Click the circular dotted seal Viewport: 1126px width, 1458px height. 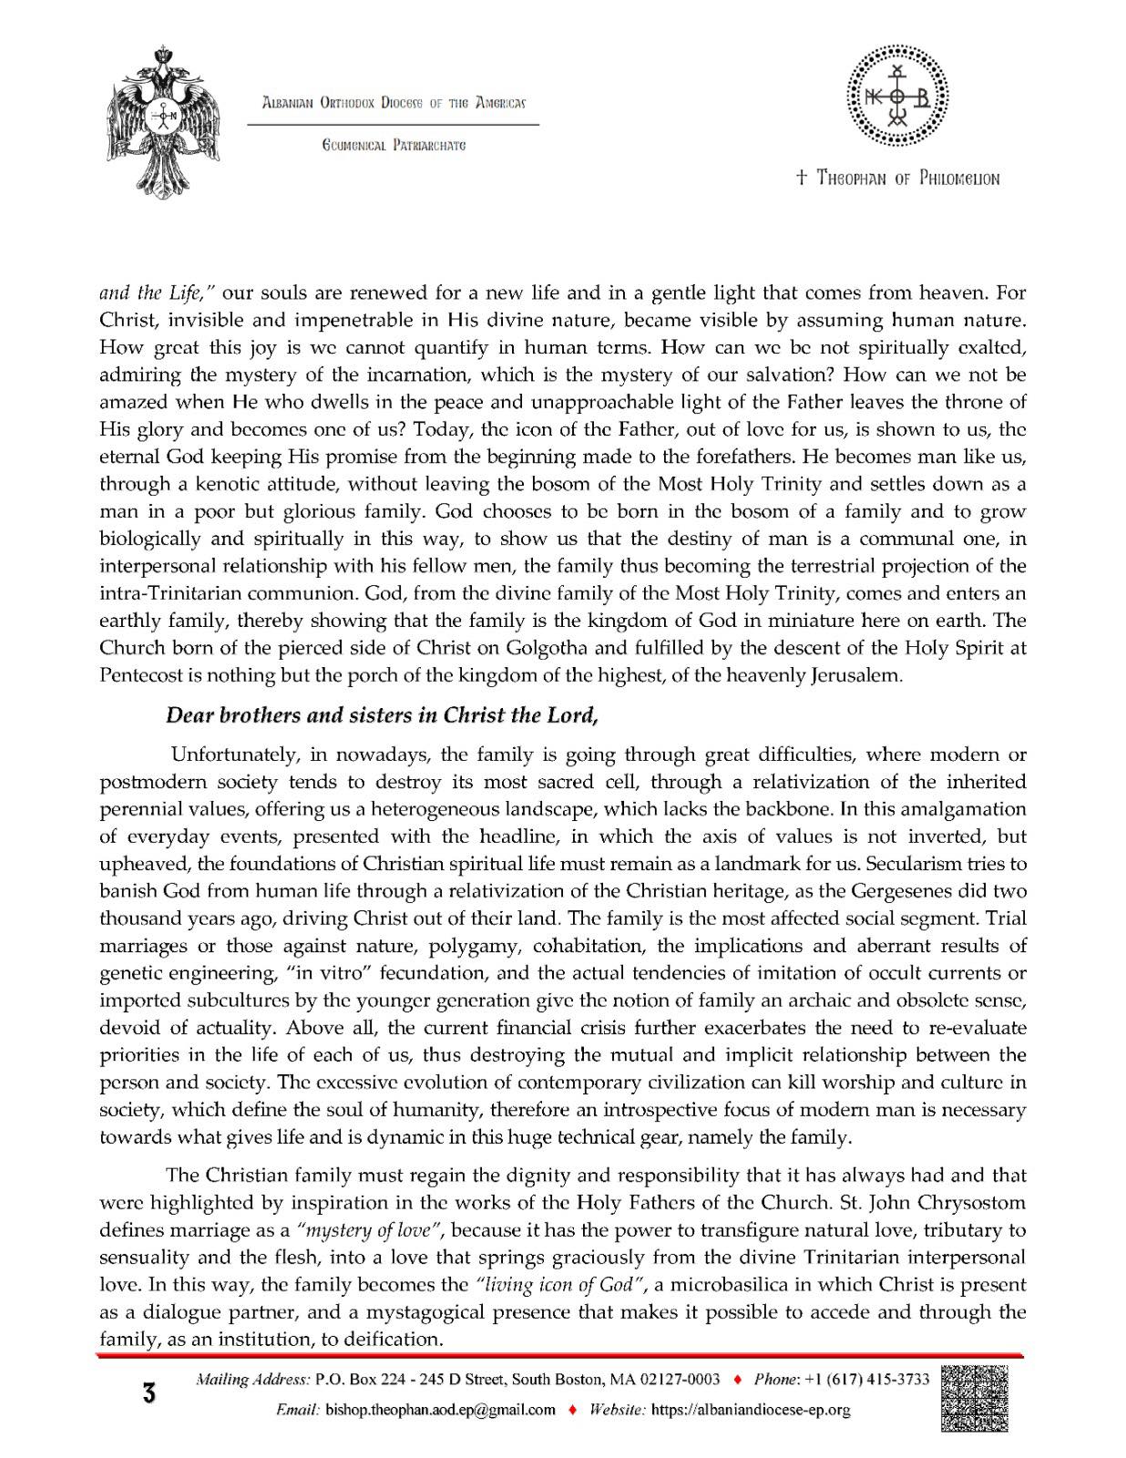click(897, 96)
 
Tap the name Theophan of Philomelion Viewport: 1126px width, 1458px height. click(897, 179)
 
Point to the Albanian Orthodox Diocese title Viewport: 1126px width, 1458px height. click(393, 103)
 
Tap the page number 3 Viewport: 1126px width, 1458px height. click(148, 1394)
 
